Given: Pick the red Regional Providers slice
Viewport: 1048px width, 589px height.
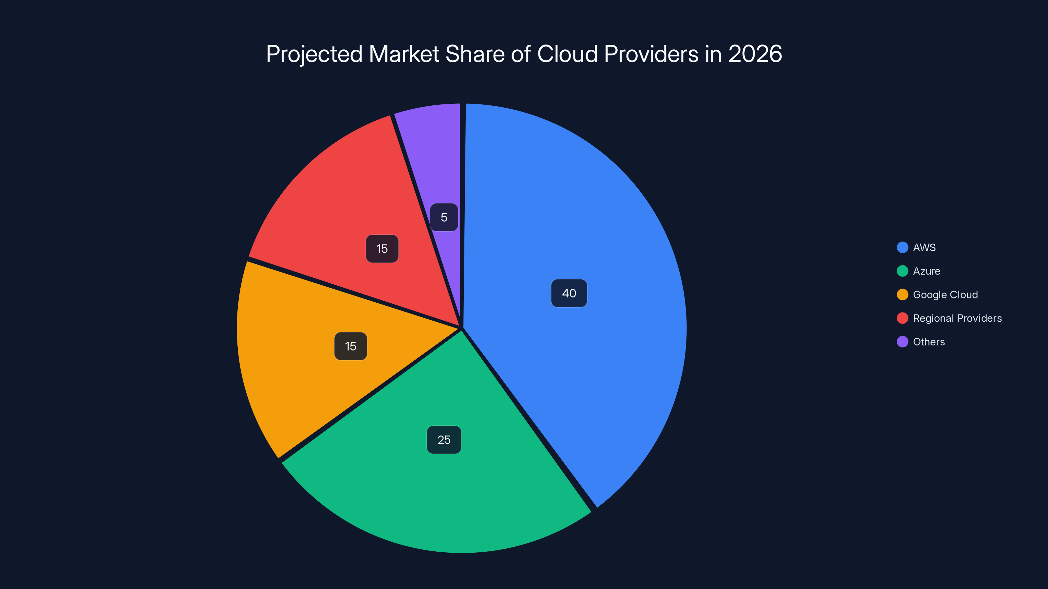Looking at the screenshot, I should tap(346, 203).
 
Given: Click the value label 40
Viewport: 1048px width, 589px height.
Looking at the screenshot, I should tap(569, 293).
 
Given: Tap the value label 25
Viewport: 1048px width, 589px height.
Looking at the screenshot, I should tap(444, 440).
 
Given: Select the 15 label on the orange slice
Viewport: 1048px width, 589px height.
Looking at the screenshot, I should tap(350, 346).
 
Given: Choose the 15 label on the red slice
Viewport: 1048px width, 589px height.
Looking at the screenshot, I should tap(382, 249).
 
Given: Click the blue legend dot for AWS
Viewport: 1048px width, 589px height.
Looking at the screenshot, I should tap(902, 248).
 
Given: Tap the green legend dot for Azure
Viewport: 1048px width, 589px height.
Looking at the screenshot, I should tap(902, 271).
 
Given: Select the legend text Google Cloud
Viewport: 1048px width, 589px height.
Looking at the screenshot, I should tap(945, 295).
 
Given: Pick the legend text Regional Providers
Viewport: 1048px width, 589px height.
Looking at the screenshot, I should tap(957, 318).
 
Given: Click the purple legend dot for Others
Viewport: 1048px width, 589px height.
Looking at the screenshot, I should tap(902, 342).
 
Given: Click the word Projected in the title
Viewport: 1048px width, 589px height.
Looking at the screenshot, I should tap(314, 54).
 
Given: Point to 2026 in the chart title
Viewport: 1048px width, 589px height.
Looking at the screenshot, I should tap(755, 54).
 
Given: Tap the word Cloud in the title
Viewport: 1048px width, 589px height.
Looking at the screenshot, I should tap(567, 54).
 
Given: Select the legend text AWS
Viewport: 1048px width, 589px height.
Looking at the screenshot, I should tap(924, 248).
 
